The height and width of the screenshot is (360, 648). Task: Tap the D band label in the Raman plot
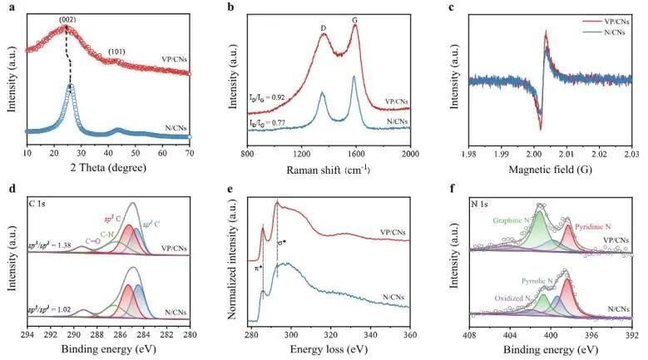[x=323, y=30]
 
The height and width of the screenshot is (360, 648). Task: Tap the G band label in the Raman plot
[x=355, y=30]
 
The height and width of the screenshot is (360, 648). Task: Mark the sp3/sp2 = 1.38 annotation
[x=50, y=249]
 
